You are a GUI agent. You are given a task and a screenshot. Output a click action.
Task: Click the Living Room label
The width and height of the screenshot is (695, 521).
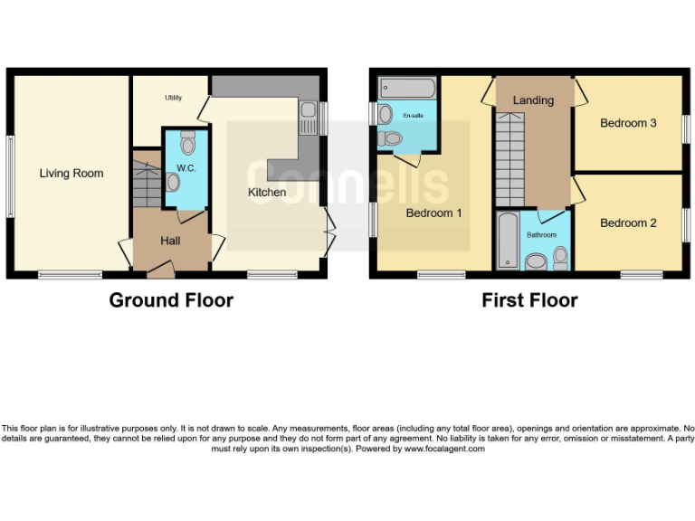(x=71, y=173)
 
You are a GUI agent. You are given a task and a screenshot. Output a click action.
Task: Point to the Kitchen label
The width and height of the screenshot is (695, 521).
(x=267, y=192)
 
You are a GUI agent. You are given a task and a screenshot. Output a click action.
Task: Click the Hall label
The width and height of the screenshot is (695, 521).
(x=171, y=241)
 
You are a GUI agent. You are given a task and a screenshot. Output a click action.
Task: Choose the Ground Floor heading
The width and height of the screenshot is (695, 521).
(x=171, y=300)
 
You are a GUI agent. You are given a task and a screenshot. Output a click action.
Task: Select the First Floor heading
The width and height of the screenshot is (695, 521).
(x=529, y=300)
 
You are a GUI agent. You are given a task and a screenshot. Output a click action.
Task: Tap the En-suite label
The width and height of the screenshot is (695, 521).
(x=413, y=116)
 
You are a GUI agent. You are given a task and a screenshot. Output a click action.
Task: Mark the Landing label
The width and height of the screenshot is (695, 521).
(x=533, y=100)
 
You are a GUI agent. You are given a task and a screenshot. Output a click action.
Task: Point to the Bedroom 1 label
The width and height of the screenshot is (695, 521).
(x=434, y=213)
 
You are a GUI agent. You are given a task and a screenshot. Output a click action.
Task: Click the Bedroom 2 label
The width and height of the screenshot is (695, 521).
(x=628, y=223)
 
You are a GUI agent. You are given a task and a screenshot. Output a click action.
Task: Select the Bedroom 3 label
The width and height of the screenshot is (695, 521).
(x=628, y=123)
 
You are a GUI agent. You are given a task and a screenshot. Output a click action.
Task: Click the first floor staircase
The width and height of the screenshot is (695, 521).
(x=509, y=153)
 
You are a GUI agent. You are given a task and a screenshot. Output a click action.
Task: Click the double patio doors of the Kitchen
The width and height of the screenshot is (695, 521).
(x=330, y=232)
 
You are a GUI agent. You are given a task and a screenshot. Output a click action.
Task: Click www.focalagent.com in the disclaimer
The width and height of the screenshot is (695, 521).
(x=444, y=449)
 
